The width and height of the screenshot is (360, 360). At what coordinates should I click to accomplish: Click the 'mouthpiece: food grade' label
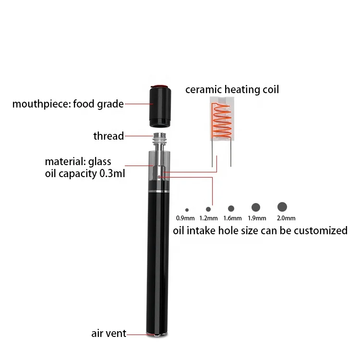coord(68,104)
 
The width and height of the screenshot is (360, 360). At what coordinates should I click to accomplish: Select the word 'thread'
coord(108,136)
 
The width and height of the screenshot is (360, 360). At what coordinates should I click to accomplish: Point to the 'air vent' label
coord(109,333)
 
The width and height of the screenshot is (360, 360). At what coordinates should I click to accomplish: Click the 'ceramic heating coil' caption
coord(232,90)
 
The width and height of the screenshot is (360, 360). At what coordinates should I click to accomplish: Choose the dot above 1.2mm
coord(208,209)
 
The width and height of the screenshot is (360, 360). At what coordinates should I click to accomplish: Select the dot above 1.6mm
coord(231,208)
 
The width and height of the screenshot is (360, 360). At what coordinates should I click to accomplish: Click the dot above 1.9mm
coord(256,207)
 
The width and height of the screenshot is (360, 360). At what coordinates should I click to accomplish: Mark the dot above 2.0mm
coord(282,206)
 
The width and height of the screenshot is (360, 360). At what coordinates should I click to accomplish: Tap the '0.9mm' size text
coord(186,220)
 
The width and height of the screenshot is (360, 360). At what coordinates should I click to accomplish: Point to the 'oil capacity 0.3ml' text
coord(85,174)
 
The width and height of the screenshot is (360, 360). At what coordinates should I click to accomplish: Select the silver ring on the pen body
coord(157,192)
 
